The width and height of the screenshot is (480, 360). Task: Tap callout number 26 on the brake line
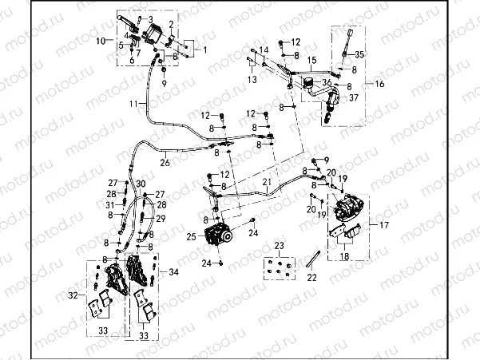pyautogui.click(x=165, y=163)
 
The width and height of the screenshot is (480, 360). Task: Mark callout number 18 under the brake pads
pyautogui.click(x=344, y=256)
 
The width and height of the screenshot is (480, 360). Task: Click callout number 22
pyautogui.click(x=311, y=277)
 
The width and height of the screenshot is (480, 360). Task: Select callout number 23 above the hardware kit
pyautogui.click(x=279, y=244)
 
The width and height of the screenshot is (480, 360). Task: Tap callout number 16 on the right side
pyautogui.click(x=379, y=83)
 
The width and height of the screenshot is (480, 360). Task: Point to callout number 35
pyautogui.click(x=359, y=53)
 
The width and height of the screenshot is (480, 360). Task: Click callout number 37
pyautogui.click(x=353, y=96)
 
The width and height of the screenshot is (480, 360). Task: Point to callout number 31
pyautogui.click(x=112, y=204)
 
